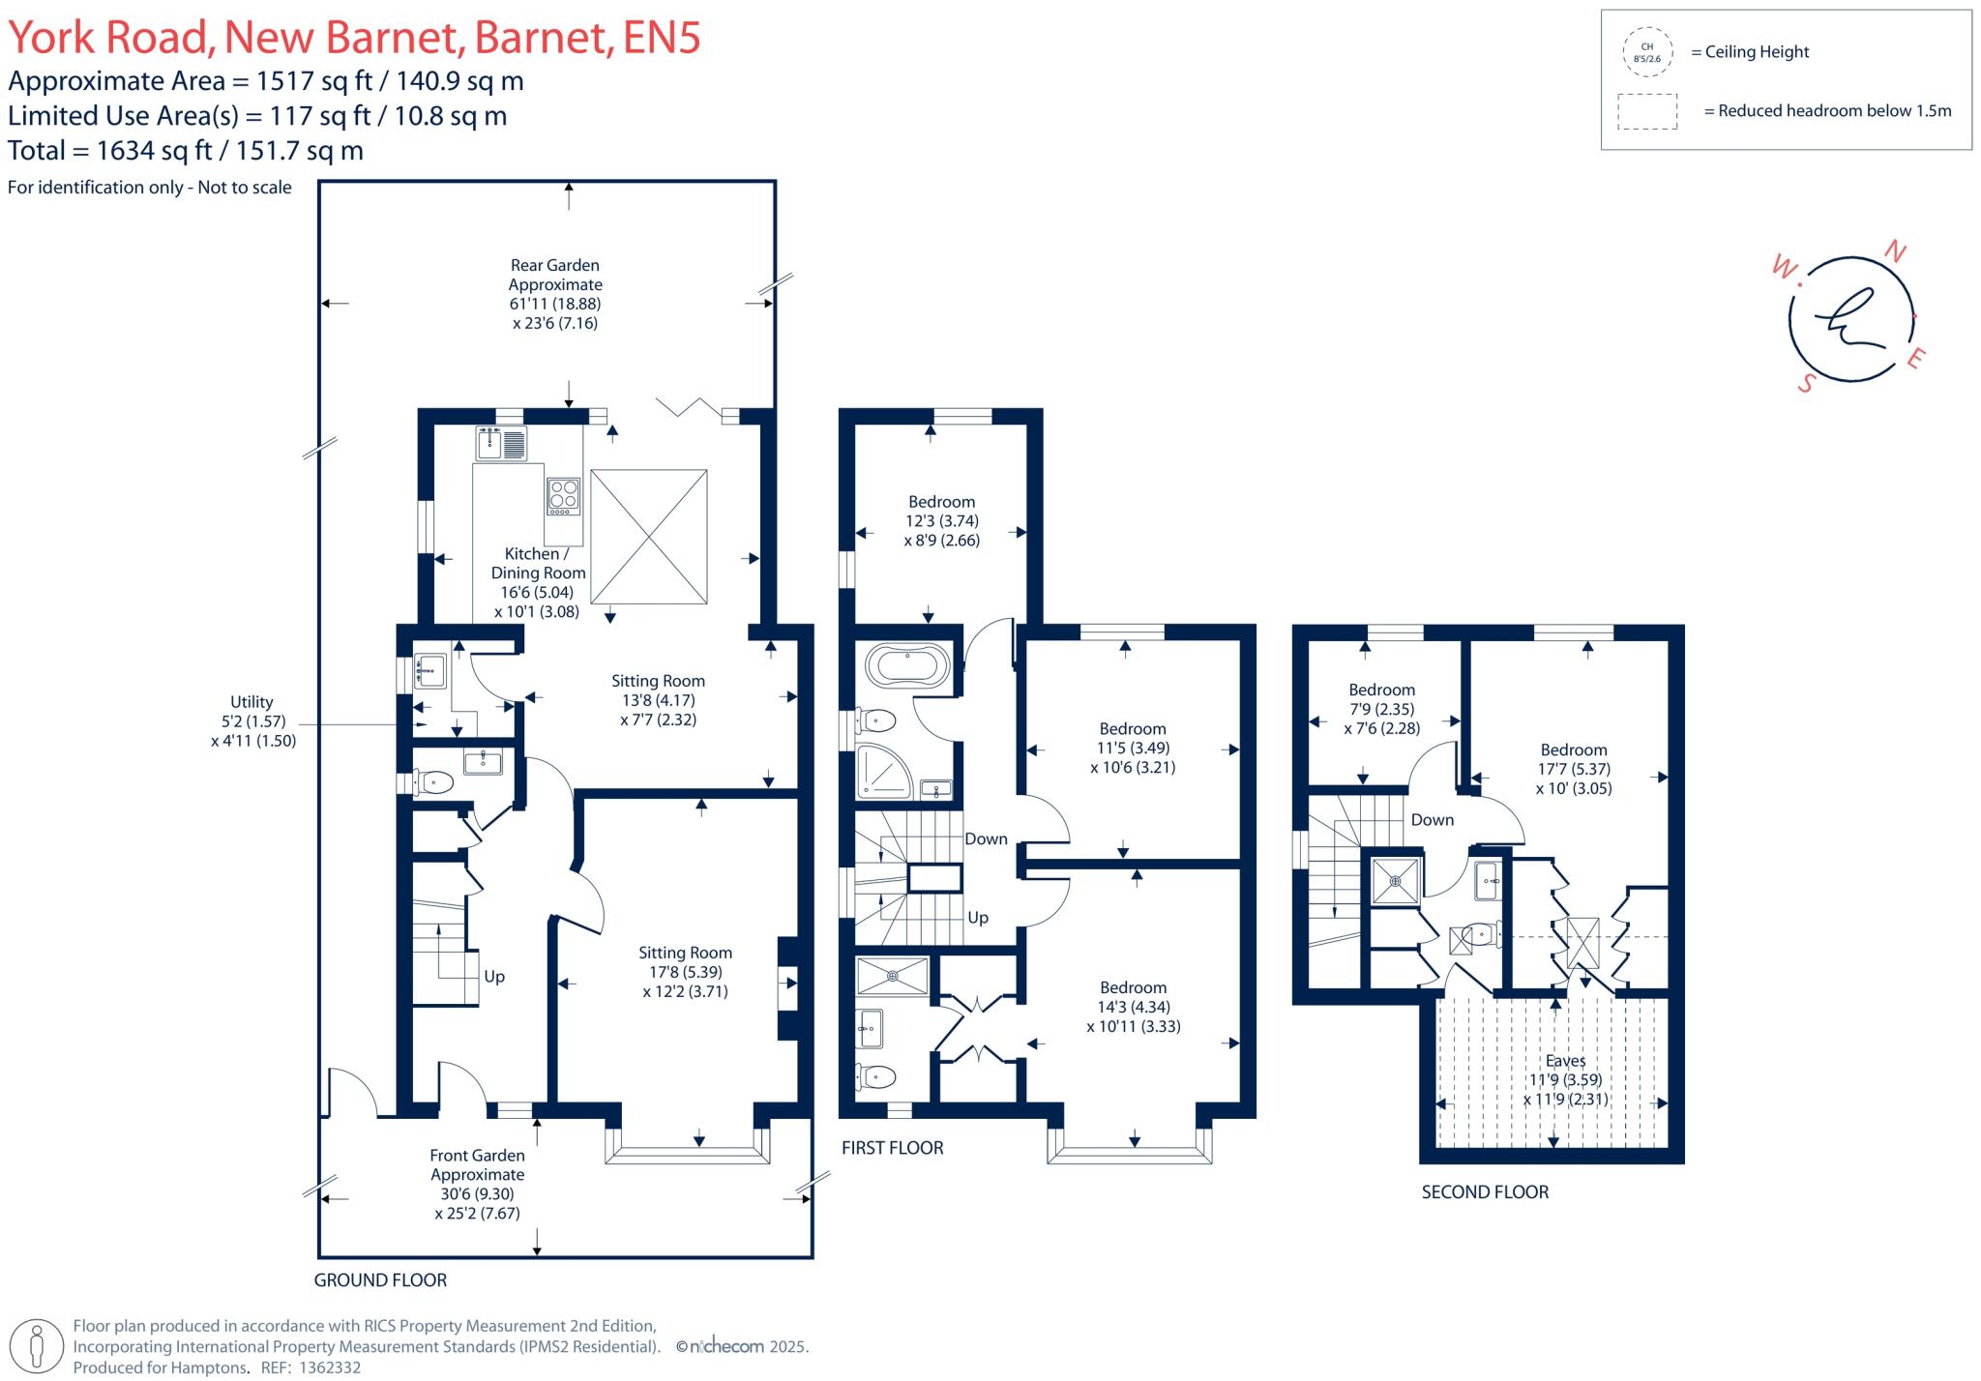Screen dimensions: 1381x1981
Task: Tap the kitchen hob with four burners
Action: [563, 495]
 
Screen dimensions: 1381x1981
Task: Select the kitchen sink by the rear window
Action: [501, 444]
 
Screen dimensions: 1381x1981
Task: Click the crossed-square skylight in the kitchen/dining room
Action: [648, 537]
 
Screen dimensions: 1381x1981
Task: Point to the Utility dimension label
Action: [252, 721]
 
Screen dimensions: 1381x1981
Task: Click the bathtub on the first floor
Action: [906, 666]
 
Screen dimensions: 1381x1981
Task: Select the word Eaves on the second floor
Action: [1565, 1061]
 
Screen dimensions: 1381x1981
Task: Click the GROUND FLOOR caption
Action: [380, 1280]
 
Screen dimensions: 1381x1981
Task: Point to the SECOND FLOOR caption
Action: [1485, 1192]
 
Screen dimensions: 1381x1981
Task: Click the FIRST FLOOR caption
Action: [892, 1148]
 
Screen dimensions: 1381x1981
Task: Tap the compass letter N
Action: [1895, 252]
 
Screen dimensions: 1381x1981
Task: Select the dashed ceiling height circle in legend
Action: [1646, 52]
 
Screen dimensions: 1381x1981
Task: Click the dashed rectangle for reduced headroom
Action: [1646, 111]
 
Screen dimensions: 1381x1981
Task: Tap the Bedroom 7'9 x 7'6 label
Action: [1381, 709]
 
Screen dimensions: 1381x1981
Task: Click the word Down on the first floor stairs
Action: [986, 839]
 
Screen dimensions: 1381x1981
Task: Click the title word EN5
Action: [662, 38]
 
